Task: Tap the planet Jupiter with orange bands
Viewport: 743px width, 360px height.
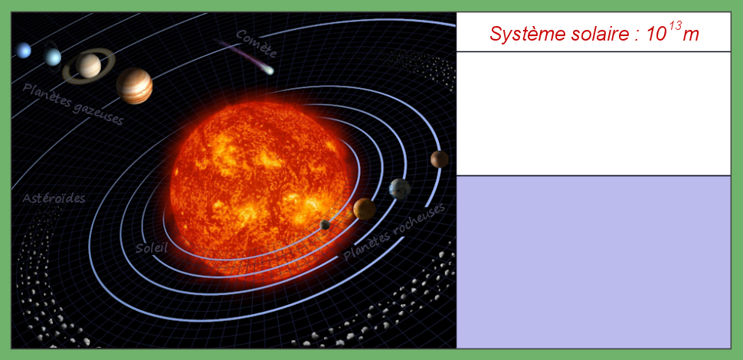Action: pos(134,86)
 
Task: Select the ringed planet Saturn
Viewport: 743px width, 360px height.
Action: pos(89,66)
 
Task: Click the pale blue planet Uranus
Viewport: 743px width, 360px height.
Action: pos(52,57)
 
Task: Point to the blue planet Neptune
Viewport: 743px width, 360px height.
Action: pos(23,51)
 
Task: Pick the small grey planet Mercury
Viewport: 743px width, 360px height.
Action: pos(325,224)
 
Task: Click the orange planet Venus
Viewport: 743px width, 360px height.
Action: pos(365,209)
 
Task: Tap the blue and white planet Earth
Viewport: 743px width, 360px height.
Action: pos(399,189)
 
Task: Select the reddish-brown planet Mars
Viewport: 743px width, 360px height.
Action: pos(439,159)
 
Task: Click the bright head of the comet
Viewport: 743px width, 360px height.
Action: pos(269,71)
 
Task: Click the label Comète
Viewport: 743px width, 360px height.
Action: pos(256,44)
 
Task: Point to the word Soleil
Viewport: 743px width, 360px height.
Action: pos(151,247)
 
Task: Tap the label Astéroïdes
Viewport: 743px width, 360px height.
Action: pos(54,198)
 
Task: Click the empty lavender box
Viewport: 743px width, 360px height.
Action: pos(594,262)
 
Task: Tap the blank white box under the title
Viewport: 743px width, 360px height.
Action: pos(594,113)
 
